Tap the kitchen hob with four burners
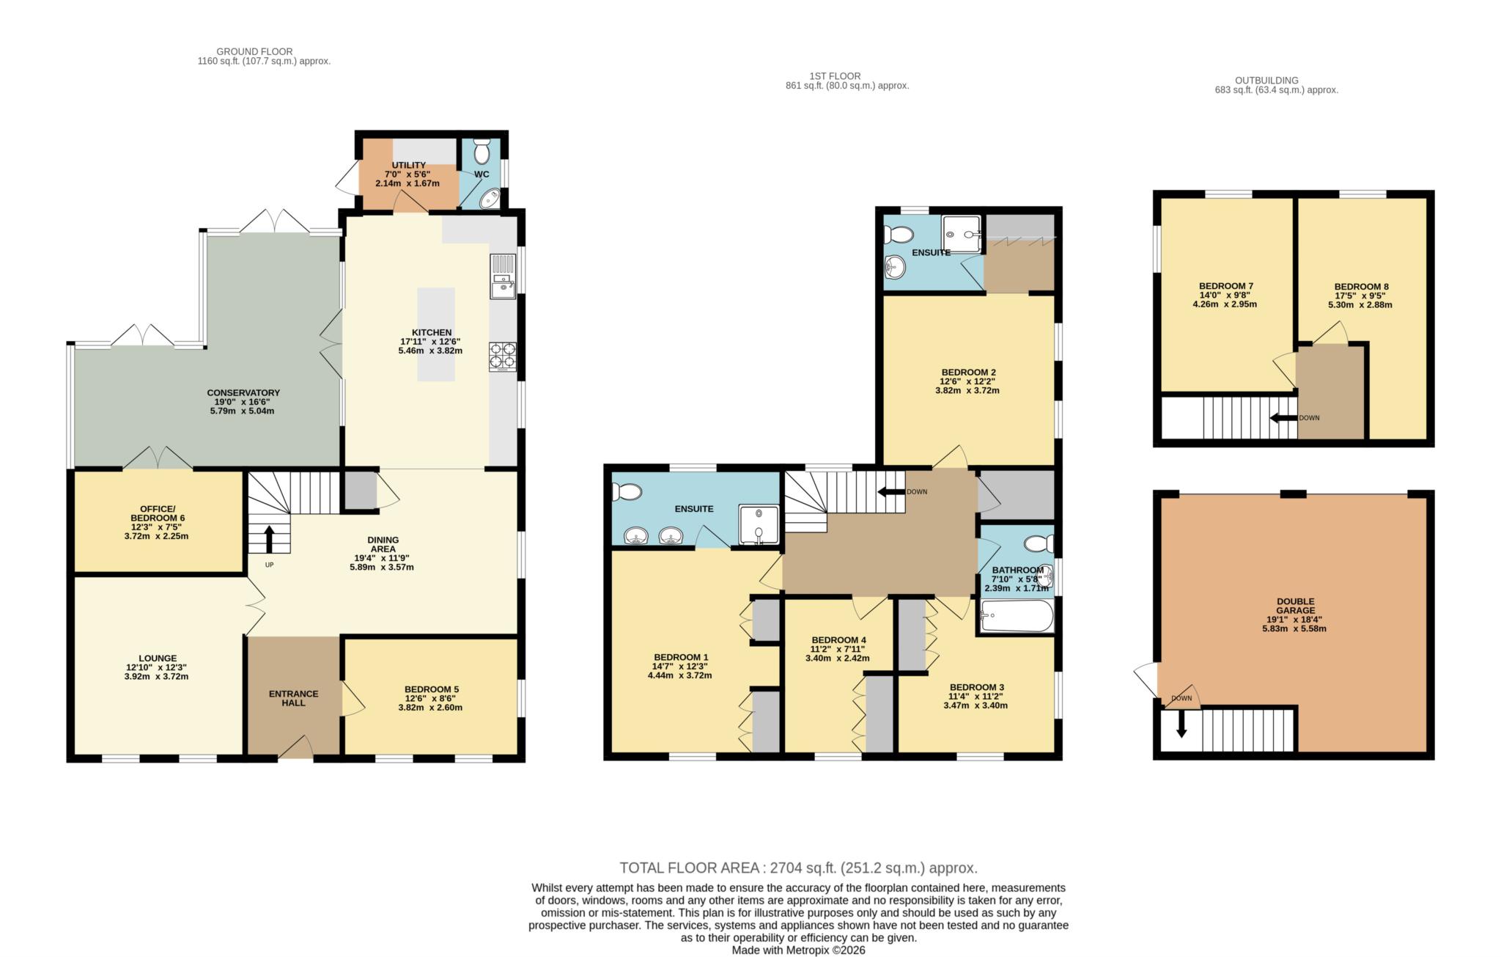point(502,357)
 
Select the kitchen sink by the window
point(504,276)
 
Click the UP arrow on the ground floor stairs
point(269,538)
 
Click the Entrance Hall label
point(294,698)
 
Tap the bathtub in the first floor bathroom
point(1017,616)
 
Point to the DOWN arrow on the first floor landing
point(890,491)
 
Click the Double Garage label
point(1295,606)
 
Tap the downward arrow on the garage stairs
point(1181,724)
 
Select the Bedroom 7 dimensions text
point(1225,299)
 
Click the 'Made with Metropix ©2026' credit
point(799,950)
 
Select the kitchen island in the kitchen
point(436,334)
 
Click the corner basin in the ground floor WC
point(491,198)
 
